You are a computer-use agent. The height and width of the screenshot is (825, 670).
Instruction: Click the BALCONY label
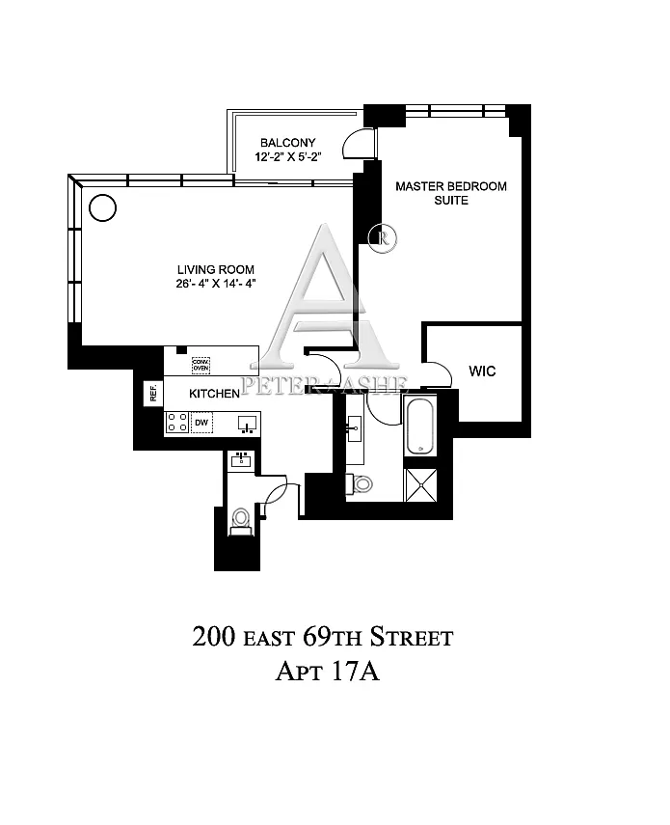[x=288, y=143]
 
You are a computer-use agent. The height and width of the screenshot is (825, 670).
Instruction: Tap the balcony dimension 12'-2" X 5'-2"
[x=288, y=156]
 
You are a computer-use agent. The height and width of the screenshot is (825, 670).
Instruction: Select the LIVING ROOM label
[x=215, y=270]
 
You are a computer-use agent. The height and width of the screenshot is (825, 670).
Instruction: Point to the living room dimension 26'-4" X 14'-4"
[x=215, y=284]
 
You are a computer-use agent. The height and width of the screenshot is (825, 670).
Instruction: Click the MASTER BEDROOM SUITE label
[x=451, y=193]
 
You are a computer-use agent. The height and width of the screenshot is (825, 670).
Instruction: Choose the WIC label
[x=482, y=371]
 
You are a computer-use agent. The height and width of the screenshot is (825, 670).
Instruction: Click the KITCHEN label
[x=214, y=394]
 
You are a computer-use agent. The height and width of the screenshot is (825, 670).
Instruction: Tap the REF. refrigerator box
[x=153, y=393]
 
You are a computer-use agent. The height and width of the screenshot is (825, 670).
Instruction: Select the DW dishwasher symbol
[x=201, y=423]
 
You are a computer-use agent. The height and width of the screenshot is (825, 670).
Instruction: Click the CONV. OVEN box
[x=201, y=365]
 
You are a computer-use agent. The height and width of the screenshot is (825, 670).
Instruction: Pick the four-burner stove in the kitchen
[x=177, y=423]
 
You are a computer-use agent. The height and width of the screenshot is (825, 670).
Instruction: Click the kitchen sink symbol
[x=248, y=424]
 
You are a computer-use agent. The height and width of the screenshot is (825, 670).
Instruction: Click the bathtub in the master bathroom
[x=420, y=426]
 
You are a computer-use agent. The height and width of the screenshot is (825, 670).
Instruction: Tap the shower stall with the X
[x=420, y=484]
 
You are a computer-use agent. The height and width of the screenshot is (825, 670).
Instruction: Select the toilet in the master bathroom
[x=359, y=483]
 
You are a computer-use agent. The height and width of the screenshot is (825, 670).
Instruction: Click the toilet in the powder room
[x=241, y=521]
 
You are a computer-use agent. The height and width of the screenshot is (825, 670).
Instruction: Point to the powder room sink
[x=241, y=460]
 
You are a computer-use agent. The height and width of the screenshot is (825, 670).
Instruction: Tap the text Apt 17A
[x=327, y=672]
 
